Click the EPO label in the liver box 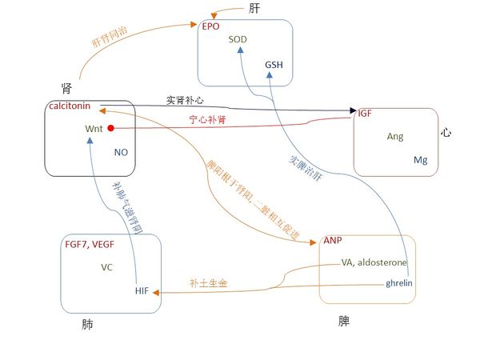coord(210,26)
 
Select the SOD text coord(238,39)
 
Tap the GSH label coord(274,64)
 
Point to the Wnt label coord(94,128)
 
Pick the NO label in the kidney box coord(121,152)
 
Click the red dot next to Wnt coord(111,128)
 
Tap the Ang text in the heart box coord(395,137)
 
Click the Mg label coord(421,160)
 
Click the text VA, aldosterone coord(374,262)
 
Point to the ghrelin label coord(398,283)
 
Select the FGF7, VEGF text coord(94,244)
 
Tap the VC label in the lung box coord(106,266)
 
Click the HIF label coord(142,290)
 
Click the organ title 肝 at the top coord(254,10)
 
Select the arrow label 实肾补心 coord(186,100)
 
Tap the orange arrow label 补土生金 coord(208,282)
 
